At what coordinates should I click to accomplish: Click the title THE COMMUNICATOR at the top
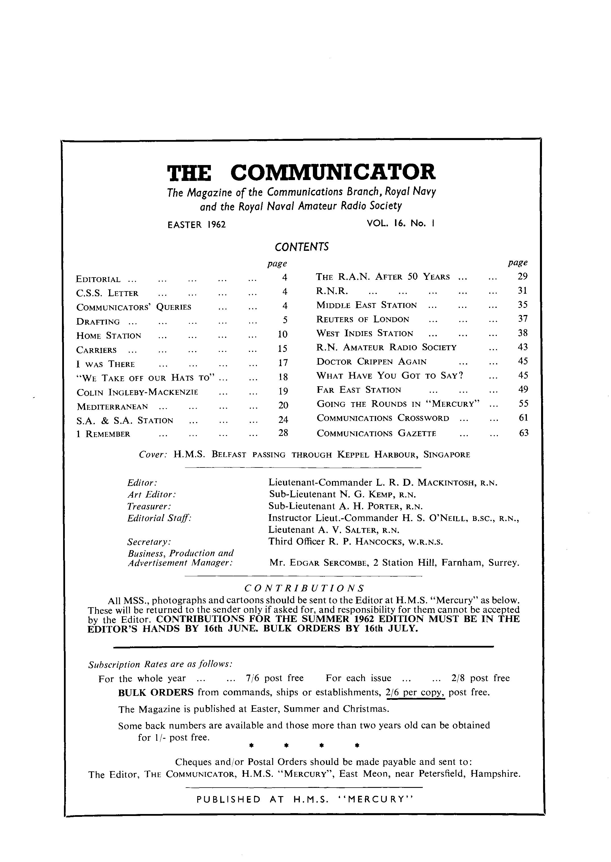click(x=301, y=172)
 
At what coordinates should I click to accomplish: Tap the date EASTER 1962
click(x=196, y=225)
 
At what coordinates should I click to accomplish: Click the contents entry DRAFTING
click(x=98, y=322)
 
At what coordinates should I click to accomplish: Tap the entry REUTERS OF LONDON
click(x=363, y=320)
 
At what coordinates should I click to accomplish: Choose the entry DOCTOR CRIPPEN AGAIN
click(x=371, y=362)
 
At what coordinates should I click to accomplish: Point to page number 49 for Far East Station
click(x=523, y=389)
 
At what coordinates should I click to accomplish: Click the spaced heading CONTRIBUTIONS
click(x=304, y=588)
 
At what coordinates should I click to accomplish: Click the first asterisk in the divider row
click(x=251, y=744)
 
